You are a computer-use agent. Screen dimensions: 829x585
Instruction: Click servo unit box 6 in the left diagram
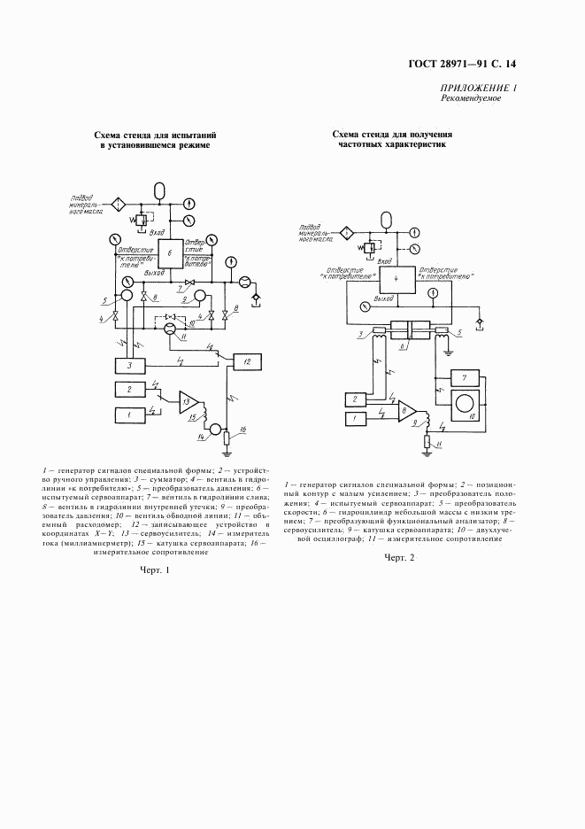click(171, 252)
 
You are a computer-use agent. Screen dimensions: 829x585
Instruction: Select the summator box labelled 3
click(129, 365)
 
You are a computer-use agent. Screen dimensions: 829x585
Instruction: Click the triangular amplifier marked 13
click(189, 401)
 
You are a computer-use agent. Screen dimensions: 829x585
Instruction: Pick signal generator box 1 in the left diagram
click(129, 414)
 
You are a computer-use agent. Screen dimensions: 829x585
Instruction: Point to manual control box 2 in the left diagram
click(129, 389)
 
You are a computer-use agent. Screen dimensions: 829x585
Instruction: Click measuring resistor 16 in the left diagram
click(227, 438)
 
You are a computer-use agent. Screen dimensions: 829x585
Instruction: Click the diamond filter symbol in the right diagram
click(348, 233)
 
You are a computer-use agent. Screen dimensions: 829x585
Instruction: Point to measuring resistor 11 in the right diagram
click(427, 441)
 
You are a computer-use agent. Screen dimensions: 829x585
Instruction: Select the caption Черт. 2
click(399, 558)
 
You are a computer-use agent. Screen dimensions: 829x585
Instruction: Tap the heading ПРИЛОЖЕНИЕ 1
click(478, 88)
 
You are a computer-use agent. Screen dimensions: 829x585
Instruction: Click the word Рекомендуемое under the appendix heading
click(471, 98)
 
